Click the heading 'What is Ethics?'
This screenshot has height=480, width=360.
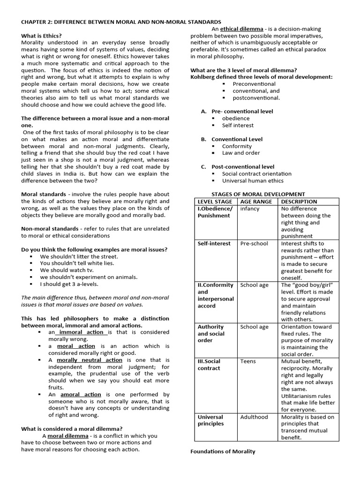(41, 36)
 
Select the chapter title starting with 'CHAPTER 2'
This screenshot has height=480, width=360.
(121, 22)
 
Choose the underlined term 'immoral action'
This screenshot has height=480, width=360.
(82, 332)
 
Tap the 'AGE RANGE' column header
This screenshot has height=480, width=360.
(256, 202)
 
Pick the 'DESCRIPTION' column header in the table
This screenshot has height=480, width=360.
(299, 202)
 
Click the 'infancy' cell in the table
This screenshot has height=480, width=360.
(249, 209)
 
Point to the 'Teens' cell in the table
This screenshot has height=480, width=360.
(248, 361)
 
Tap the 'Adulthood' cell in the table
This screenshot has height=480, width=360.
(254, 417)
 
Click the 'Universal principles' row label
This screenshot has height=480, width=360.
(211, 420)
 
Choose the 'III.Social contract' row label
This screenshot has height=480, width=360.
(209, 365)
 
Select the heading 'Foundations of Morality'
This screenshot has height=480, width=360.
(223, 451)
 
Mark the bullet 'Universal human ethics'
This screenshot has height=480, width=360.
(253, 180)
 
